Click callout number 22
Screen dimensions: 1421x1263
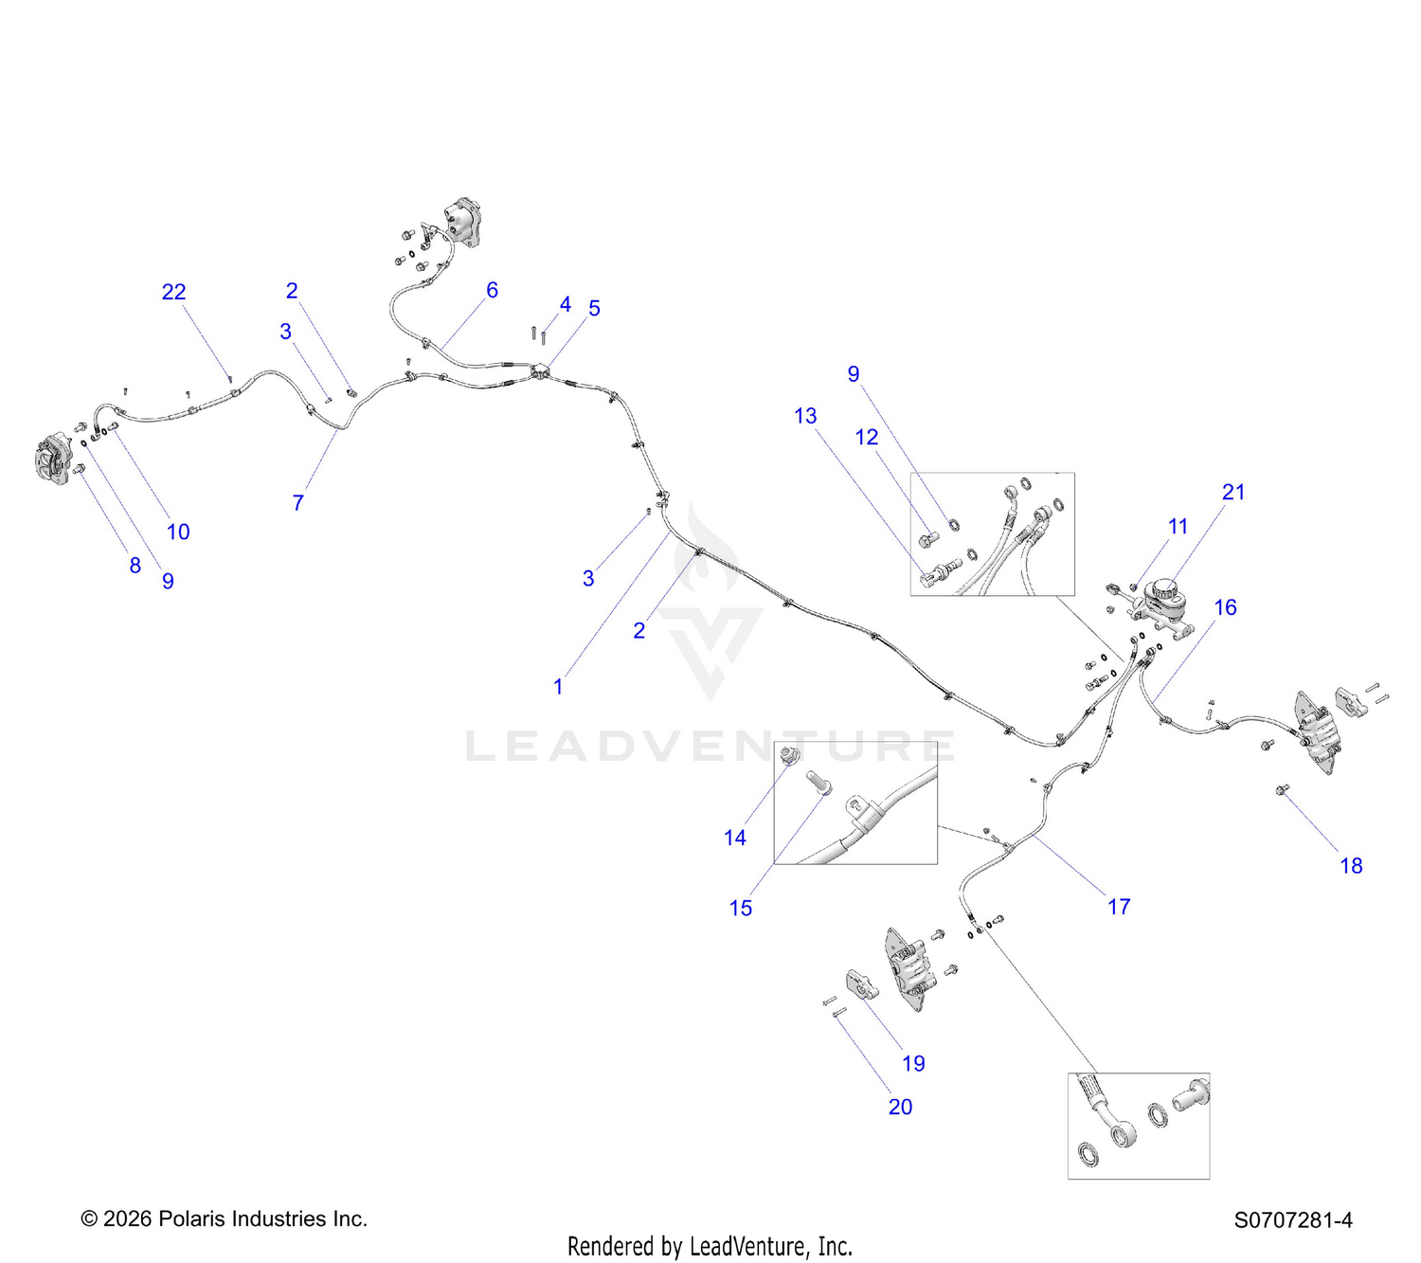coord(174,292)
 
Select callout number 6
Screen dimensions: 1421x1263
coord(492,290)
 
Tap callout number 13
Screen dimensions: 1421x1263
coord(805,416)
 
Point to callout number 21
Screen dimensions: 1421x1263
coord(1233,492)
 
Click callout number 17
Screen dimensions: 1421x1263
coord(1119,907)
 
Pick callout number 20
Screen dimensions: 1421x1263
coord(900,1107)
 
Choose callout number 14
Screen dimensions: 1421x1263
coord(735,837)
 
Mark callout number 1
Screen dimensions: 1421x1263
coord(558,686)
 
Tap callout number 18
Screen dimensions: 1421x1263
coord(1351,866)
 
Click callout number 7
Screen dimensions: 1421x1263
coord(298,502)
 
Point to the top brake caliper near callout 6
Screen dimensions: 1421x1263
coord(461,221)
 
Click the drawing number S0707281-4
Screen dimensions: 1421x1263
coord(1293,1220)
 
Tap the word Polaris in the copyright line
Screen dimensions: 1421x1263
coord(185,1218)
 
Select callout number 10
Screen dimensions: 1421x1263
coord(178,532)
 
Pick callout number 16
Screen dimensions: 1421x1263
coord(1225,607)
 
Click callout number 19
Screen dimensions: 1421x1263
coord(913,1063)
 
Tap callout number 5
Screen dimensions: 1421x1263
coord(594,308)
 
